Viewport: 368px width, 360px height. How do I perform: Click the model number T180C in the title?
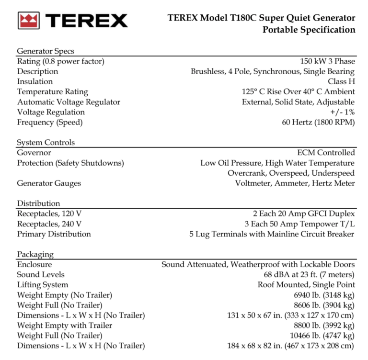234,18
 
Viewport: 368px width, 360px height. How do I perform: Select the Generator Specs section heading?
46,51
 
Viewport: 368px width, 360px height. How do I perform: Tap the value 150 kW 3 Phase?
327,61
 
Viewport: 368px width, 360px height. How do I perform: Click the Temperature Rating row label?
53,91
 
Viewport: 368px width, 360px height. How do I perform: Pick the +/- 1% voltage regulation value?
342,112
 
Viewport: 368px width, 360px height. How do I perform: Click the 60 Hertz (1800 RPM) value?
318,122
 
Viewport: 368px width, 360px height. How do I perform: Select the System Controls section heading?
46,143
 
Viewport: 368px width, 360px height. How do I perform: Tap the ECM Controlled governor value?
326,153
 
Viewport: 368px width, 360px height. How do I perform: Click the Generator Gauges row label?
49,183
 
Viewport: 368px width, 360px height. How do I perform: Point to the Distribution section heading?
38,203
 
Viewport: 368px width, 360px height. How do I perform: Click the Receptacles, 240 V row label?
49,224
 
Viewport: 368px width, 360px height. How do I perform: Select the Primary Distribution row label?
54,234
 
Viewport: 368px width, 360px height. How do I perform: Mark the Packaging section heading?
35,254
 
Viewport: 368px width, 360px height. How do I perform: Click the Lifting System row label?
43,285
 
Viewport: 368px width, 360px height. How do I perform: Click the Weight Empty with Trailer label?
65,326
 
